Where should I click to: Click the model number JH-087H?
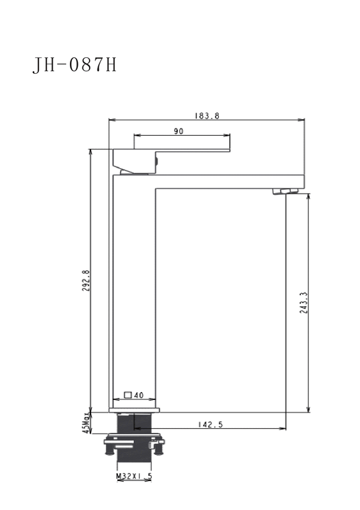[x=75, y=65]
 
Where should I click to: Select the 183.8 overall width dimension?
[x=207, y=116]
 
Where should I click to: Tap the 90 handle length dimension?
[x=179, y=131]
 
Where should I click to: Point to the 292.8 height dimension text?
[x=86, y=280]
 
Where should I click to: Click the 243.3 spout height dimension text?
[x=304, y=302]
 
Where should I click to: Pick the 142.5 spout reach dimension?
[x=210, y=424]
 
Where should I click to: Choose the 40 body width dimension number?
[x=138, y=395]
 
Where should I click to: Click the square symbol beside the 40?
[x=128, y=395]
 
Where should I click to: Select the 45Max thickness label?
[x=86, y=422]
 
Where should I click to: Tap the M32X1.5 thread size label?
[x=135, y=476]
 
